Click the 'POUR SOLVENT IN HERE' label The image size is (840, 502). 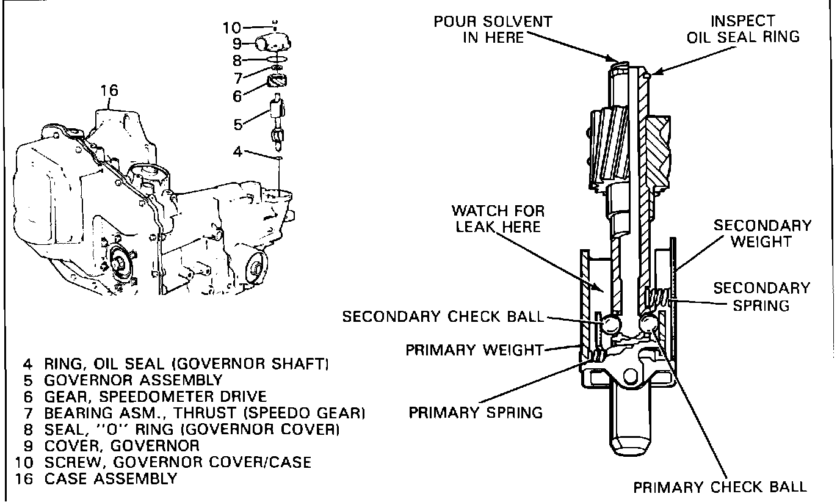coord(493,30)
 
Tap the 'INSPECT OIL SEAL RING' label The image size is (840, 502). coord(743,29)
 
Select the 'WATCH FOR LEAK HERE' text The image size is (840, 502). coord(498,219)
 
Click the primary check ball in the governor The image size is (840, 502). coord(649,322)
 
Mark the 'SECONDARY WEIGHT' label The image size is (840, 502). coord(762,233)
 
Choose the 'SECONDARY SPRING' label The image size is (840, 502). coord(762,297)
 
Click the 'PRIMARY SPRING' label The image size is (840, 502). coord(476,413)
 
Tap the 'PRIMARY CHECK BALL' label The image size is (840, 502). coord(720,487)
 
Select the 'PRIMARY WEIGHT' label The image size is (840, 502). coord(474,350)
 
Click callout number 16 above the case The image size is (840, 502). coord(109,90)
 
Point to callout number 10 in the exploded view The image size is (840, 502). coord(231,27)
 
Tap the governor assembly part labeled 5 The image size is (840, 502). coord(278,122)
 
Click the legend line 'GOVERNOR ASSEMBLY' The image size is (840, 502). coord(134,380)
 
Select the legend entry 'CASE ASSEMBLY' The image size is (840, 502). coord(110,479)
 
